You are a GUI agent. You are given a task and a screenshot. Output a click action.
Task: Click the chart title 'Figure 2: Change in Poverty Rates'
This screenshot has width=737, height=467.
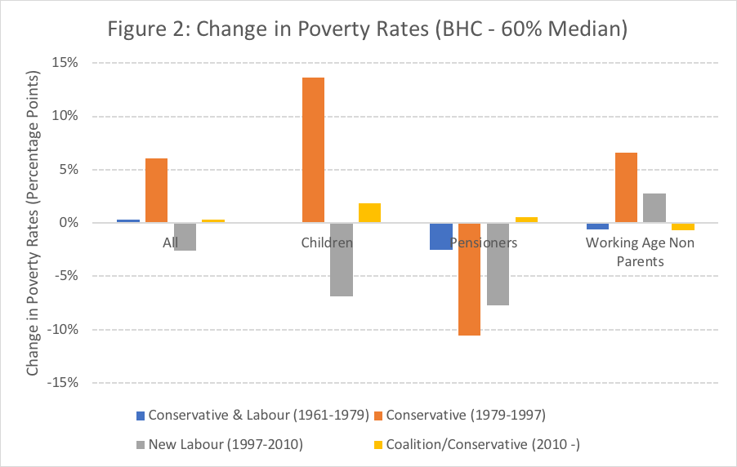click(x=367, y=30)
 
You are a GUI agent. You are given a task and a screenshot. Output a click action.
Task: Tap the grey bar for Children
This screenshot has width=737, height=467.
click(x=341, y=260)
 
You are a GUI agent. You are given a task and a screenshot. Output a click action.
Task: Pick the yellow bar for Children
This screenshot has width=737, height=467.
click(x=369, y=213)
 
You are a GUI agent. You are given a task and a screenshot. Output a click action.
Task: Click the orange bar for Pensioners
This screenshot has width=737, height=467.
click(x=469, y=279)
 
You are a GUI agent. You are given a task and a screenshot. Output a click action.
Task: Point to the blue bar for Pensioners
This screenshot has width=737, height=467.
click(x=441, y=236)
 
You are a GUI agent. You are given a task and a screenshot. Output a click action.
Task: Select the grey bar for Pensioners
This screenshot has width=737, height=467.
click(x=498, y=264)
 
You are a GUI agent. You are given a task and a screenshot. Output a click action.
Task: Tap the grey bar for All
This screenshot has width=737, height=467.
click(x=185, y=237)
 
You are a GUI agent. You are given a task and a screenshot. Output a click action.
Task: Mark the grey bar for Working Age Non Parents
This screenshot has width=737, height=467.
click(x=654, y=208)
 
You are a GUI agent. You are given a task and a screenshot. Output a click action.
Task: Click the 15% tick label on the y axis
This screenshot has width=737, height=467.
click(x=66, y=63)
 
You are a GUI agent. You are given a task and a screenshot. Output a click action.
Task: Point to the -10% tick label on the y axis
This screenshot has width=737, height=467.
click(x=62, y=329)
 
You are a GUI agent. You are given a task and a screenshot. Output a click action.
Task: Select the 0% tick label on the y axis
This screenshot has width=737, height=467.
click(x=69, y=223)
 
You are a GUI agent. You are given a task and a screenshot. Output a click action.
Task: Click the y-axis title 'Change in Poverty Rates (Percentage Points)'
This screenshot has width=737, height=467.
click(x=33, y=223)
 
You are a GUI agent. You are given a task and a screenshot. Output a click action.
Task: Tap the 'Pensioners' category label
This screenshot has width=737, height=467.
click(x=486, y=242)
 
